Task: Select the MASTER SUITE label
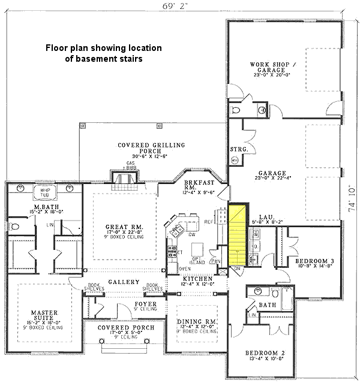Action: click(44, 316)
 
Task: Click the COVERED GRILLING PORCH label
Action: click(151, 148)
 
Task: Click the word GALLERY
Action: click(124, 282)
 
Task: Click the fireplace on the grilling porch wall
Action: click(124, 178)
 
